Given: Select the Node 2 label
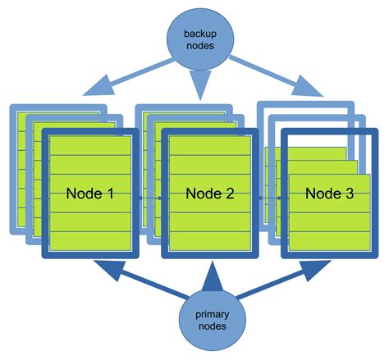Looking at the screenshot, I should (210, 194).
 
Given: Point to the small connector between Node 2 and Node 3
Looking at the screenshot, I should (267, 198).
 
